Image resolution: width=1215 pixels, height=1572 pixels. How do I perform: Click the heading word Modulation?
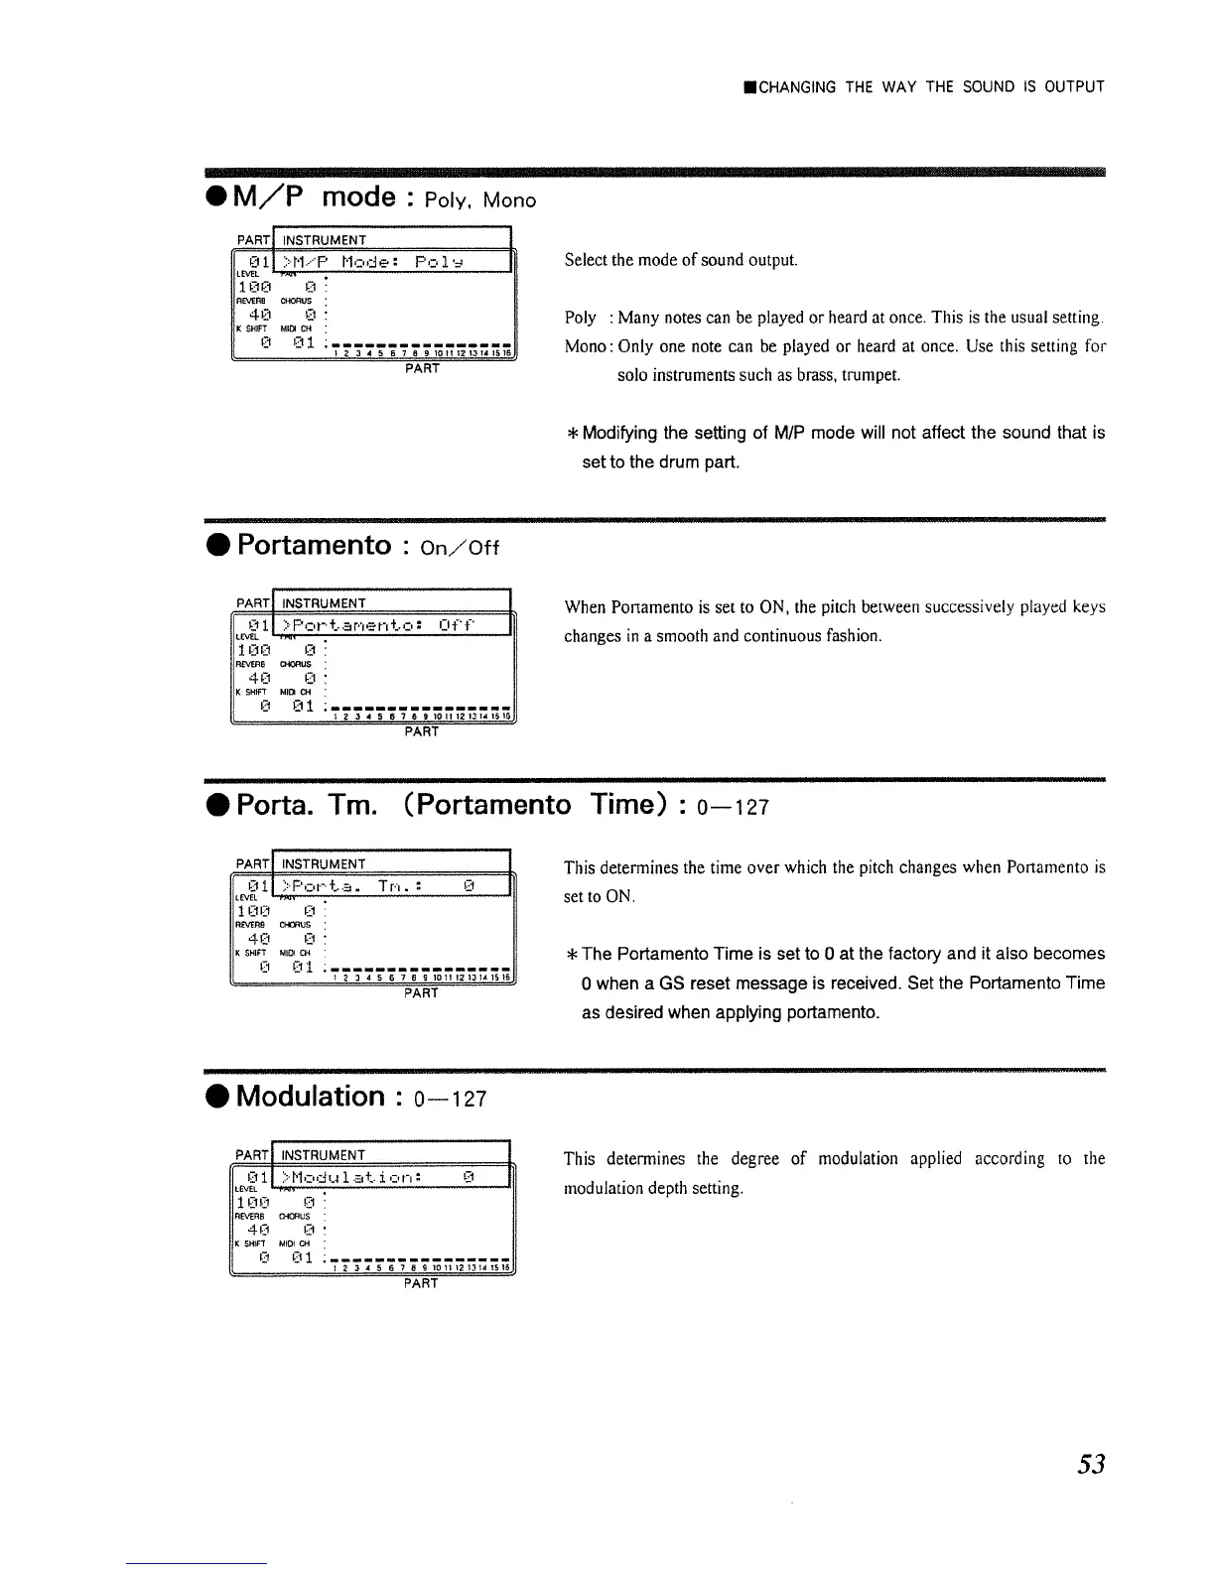310,1097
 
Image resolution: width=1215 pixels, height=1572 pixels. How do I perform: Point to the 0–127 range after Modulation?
451,1099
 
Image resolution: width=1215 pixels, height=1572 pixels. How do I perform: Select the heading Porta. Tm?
307,804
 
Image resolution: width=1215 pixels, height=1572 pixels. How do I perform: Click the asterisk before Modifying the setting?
572,433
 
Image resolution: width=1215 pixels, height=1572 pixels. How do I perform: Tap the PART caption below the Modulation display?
421,1283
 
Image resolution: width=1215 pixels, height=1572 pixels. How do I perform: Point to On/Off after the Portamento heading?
460,548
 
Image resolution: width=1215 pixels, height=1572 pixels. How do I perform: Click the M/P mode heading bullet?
213,197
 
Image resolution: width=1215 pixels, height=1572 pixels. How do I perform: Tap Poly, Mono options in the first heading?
479,200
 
